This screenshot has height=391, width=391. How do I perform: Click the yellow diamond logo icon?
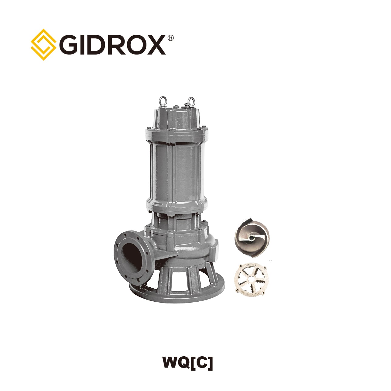[43, 45]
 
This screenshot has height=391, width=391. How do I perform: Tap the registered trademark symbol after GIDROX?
[170, 38]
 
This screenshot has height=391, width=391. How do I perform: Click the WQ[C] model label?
[188, 362]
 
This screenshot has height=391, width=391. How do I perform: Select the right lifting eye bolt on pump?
[191, 102]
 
